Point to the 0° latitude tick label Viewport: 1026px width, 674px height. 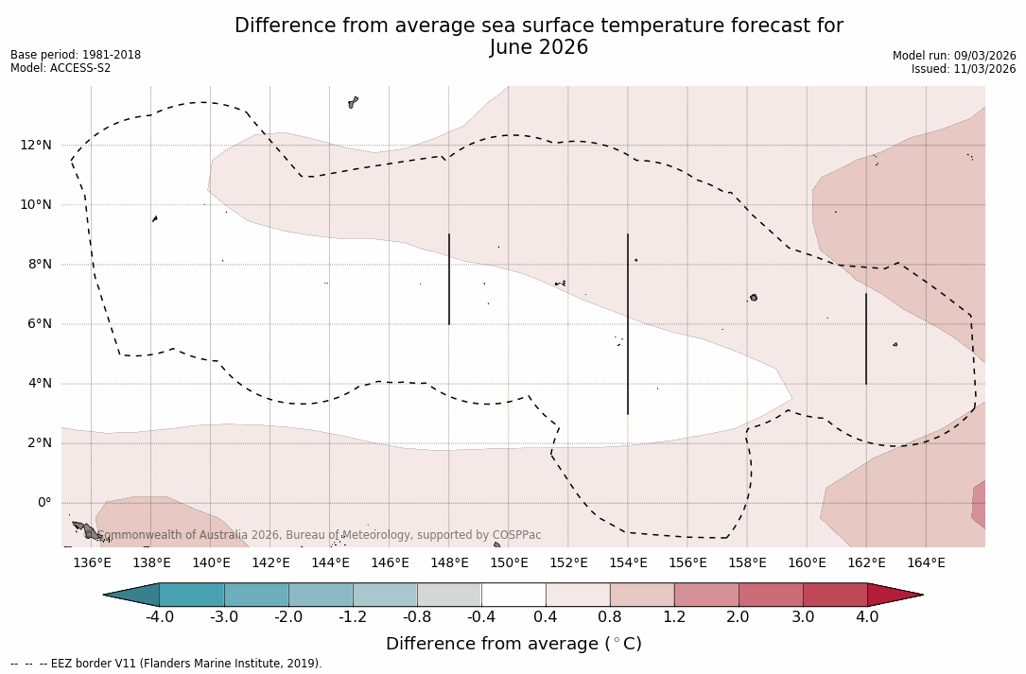point(43,503)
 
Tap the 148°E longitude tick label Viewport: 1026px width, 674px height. point(449,563)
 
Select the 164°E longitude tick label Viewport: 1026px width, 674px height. point(926,563)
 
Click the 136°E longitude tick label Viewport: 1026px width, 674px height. point(92,563)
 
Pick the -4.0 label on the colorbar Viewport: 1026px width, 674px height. point(160,617)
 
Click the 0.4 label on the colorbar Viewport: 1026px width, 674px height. point(546,617)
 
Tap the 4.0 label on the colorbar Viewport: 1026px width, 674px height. point(867,617)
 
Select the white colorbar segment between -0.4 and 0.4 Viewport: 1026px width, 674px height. point(513,595)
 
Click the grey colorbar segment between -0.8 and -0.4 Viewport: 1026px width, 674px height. point(449,595)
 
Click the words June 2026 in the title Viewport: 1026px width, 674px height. point(539,47)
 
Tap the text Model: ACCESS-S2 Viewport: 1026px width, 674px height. point(61,68)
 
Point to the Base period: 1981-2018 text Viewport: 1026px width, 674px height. point(76,55)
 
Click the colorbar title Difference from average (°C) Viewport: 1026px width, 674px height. point(513,644)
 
